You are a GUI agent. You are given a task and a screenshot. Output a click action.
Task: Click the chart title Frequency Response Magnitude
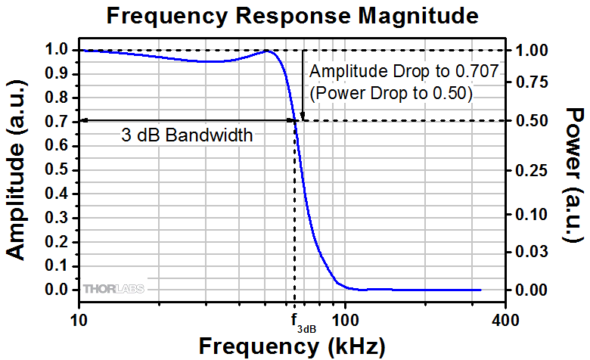pos(293,16)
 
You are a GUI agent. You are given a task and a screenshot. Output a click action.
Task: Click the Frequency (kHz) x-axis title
pos(292,346)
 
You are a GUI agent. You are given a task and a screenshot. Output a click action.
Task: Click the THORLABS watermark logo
pos(113,289)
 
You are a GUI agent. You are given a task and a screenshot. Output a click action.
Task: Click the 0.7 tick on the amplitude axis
pos(55,122)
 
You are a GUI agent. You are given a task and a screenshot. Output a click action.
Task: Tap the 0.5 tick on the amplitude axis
pos(55,169)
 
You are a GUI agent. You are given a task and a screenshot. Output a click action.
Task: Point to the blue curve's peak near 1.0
pos(267,51)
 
